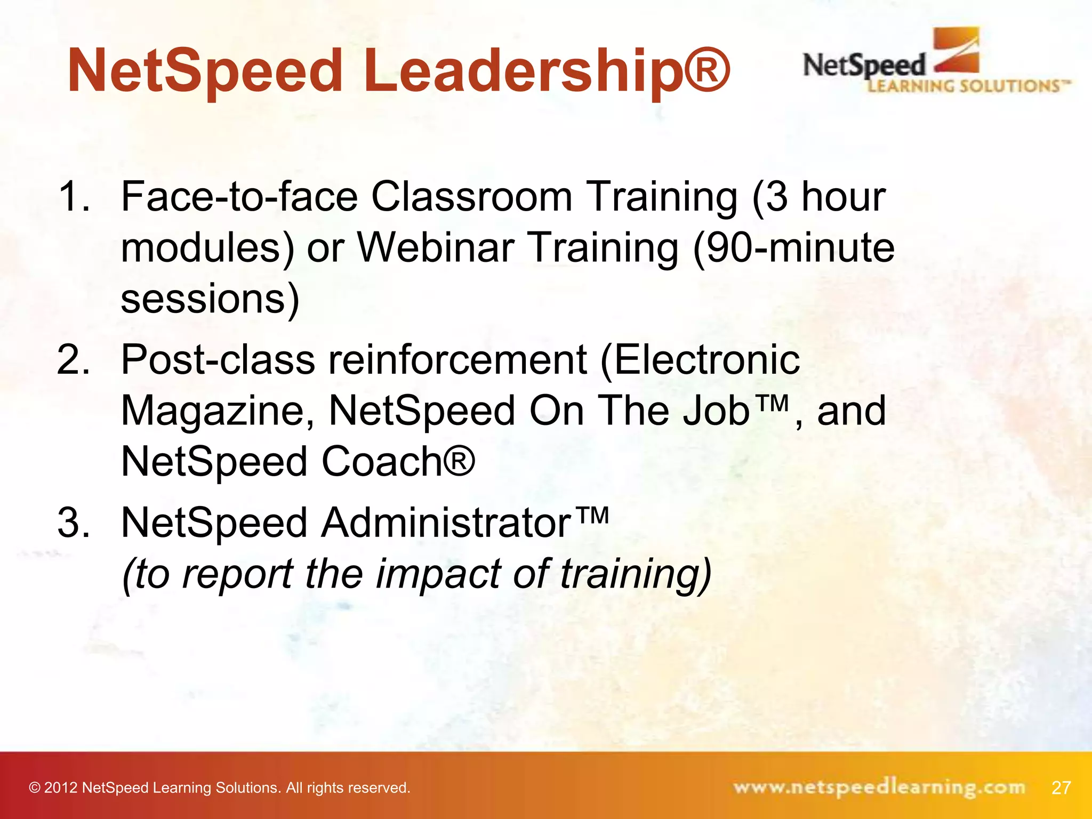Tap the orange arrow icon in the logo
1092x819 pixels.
point(958,51)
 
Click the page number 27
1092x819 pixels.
point(1061,788)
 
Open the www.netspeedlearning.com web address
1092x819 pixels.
point(879,788)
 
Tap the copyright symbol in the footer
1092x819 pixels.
point(35,788)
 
